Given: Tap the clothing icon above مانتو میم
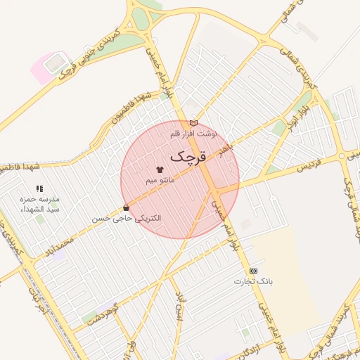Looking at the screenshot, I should [x=160, y=169].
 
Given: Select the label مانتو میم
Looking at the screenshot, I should [x=160, y=181].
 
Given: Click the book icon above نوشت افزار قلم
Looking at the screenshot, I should [x=193, y=123].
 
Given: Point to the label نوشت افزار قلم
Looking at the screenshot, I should [x=194, y=132].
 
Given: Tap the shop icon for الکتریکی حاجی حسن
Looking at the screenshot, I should [x=126, y=207].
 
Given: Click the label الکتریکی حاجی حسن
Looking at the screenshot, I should [x=127, y=218].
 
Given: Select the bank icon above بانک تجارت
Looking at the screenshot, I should [x=253, y=271].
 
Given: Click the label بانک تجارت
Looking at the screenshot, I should [x=252, y=281].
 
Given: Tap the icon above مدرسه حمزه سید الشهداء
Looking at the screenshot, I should [x=39, y=188].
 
